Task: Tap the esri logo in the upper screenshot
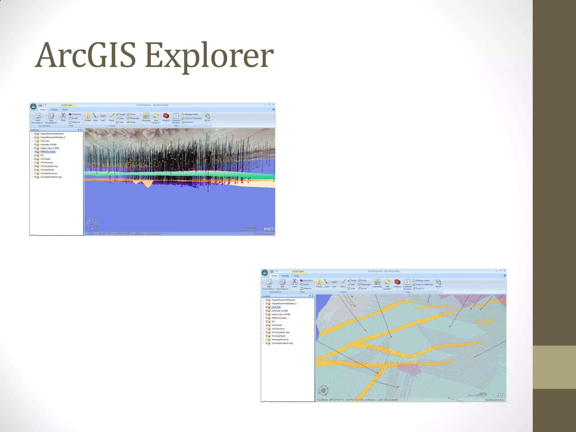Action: tap(269, 228)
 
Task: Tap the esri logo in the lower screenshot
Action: tap(499, 395)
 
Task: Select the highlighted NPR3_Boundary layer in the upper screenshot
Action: tap(48, 152)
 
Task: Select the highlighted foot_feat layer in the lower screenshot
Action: tap(276, 307)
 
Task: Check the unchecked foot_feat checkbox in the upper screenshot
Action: tap(35, 141)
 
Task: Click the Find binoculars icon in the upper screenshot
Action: tap(63, 116)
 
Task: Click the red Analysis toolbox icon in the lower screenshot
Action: tap(397, 282)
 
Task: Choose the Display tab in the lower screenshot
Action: tap(285, 276)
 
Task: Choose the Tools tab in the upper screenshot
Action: tap(65, 109)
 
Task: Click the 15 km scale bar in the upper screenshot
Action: tap(246, 228)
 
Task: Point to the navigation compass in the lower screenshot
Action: tap(323, 390)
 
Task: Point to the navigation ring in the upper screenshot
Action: tap(92, 224)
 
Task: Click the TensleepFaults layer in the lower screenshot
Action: tap(278, 336)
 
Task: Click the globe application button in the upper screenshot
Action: tap(33, 106)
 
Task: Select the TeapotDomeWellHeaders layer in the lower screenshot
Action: tap(283, 300)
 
